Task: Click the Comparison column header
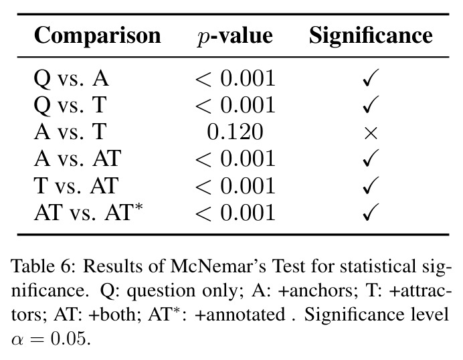coord(98,36)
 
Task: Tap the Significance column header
coord(371,36)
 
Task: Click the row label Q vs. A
coord(72,78)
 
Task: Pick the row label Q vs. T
coord(70,105)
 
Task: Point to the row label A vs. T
coord(70,132)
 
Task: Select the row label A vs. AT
coord(78,159)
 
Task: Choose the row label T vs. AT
coord(76,185)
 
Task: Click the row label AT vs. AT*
coord(88,211)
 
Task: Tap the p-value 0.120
coord(235,132)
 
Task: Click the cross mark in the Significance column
coord(371,133)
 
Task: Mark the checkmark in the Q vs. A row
coord(371,78)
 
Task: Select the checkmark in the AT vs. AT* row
coord(371,212)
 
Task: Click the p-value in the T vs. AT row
coord(236,185)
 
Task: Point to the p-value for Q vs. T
coord(236,105)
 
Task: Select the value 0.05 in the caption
coord(70,339)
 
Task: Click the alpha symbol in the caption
coord(17,341)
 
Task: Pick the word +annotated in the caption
coord(240,314)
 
